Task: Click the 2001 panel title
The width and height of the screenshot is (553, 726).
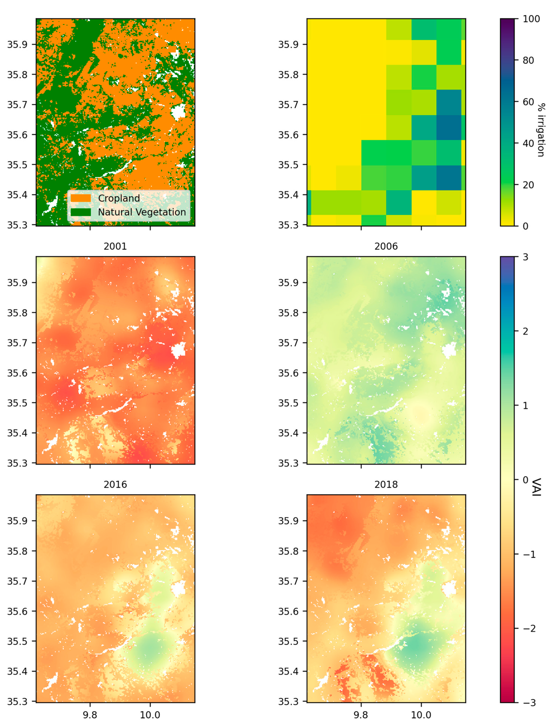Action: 115,246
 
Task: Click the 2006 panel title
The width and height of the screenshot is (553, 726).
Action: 386,246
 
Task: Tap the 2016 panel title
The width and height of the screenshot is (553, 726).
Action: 115,484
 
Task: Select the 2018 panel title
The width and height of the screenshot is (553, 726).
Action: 386,484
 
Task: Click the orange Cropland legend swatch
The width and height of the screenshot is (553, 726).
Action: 81,198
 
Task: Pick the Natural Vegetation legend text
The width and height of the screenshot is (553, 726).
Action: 142,212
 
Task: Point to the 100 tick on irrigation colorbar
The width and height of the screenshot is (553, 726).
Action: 531,19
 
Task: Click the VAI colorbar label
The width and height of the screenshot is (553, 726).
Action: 536,487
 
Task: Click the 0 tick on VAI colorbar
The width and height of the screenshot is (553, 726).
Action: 525,480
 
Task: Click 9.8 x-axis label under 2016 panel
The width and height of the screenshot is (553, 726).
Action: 90,715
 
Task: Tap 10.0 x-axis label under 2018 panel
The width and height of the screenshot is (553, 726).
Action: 421,715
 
